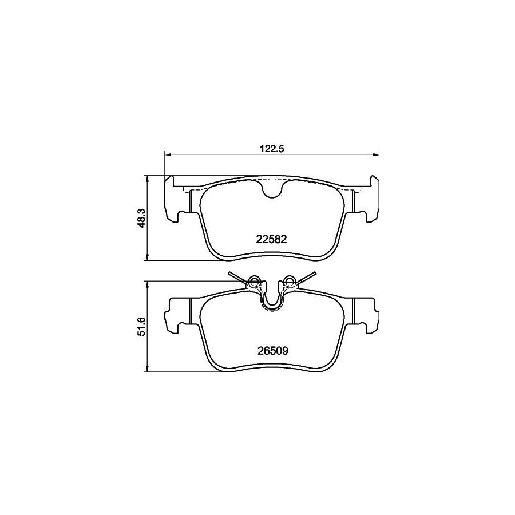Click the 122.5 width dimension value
coord(272,148)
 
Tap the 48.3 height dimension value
coord(142,219)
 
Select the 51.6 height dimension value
coord(142,327)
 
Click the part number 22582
coord(271,239)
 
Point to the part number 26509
coord(272,351)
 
